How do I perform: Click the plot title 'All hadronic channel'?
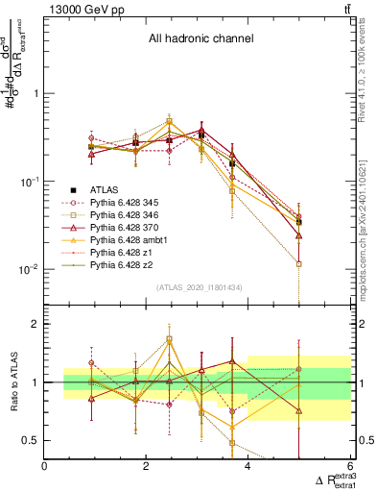click(200, 39)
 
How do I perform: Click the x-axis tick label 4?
click(247, 467)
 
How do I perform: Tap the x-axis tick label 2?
click(146, 467)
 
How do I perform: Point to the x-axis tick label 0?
click(45, 467)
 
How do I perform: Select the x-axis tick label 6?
click(348, 467)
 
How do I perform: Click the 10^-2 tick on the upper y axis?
click(29, 269)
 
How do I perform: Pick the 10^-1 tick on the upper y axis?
click(29, 182)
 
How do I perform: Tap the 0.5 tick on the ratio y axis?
click(31, 440)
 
